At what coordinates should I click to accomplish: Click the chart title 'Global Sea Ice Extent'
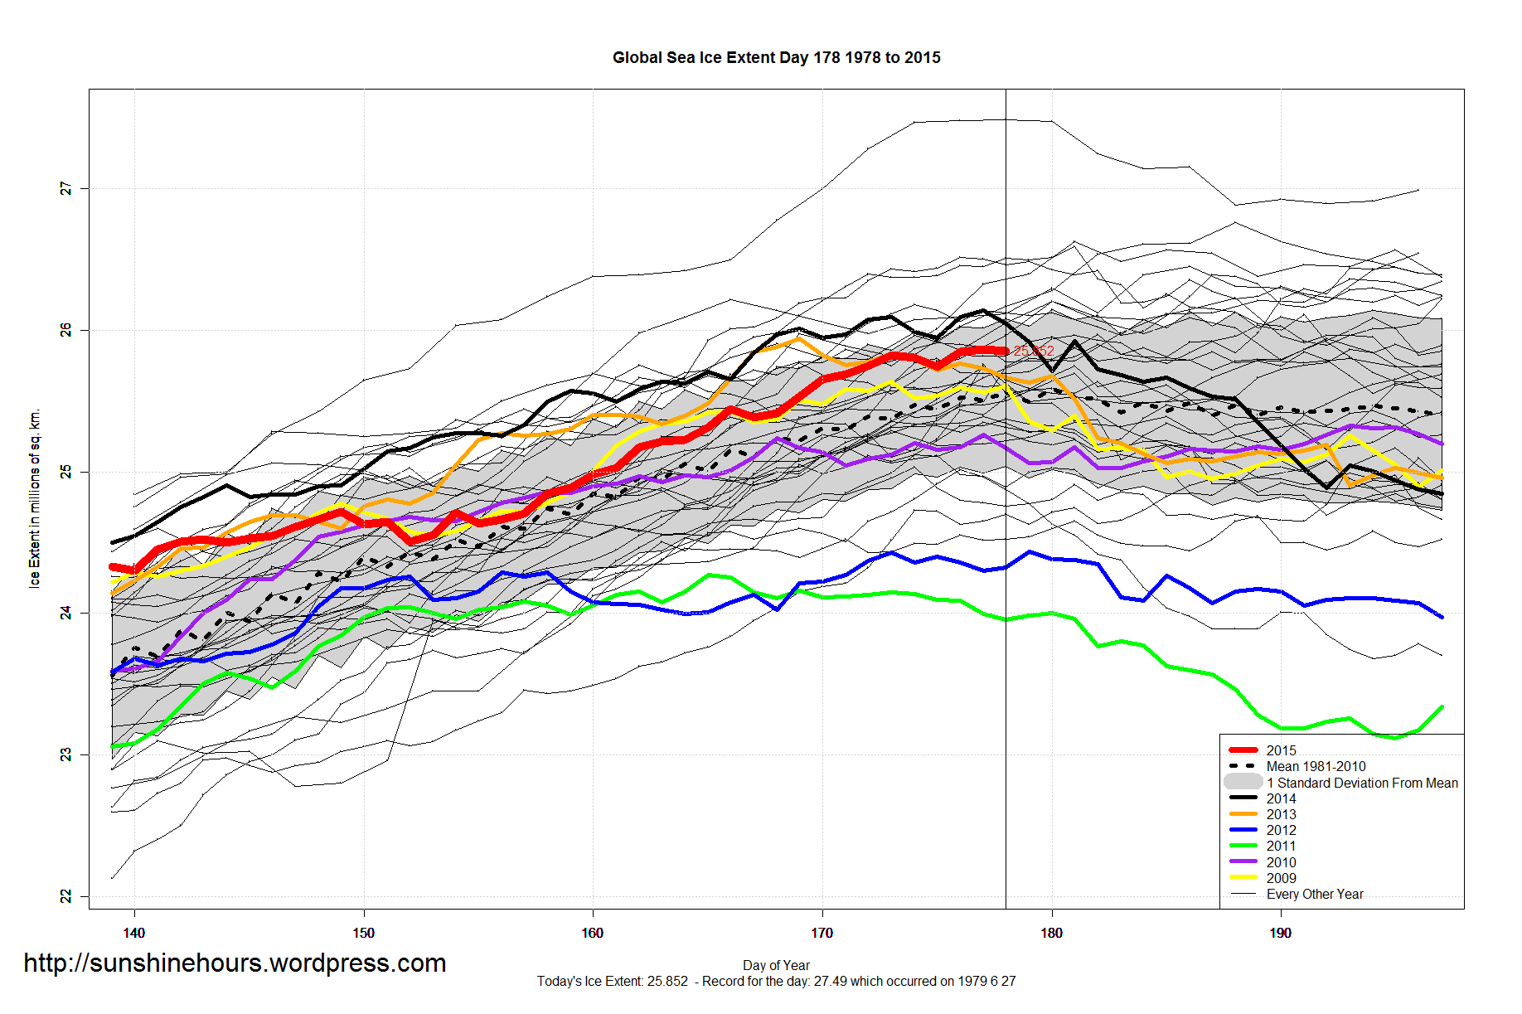(x=776, y=58)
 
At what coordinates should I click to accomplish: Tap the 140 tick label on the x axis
(x=134, y=933)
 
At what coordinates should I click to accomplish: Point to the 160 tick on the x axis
(x=593, y=933)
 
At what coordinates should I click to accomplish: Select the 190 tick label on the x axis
(x=1280, y=933)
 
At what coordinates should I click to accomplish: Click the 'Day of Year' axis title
(x=776, y=965)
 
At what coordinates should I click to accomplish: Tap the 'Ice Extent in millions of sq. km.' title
(x=35, y=499)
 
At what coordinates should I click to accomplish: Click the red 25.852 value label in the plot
(x=1034, y=352)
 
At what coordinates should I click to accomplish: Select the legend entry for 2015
(x=1281, y=750)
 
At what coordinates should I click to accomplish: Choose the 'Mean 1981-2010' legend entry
(x=1316, y=766)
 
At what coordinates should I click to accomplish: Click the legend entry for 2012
(x=1281, y=830)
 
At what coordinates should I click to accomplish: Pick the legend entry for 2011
(x=1281, y=846)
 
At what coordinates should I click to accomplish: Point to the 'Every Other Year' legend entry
(x=1314, y=894)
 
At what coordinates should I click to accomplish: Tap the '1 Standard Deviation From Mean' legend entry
(x=1362, y=783)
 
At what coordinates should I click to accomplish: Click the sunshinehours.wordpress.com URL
(x=235, y=963)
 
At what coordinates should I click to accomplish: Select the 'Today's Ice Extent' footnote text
(x=776, y=982)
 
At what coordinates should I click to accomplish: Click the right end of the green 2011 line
(x=1442, y=706)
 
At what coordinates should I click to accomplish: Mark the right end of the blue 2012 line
(x=1442, y=617)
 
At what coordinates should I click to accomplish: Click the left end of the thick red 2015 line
(x=113, y=567)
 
